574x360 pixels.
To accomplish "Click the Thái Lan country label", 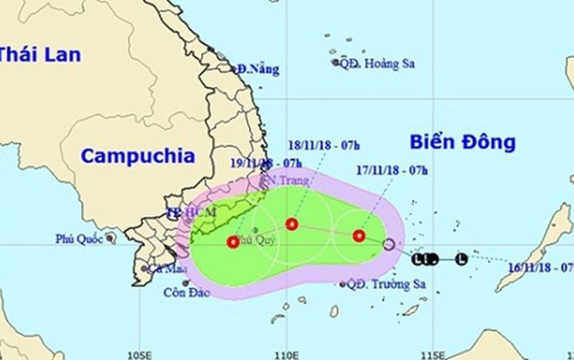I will [x=40, y=54].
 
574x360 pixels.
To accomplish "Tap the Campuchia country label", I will [x=137, y=157].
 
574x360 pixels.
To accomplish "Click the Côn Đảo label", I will [x=186, y=293].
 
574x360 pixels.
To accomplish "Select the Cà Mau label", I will [x=162, y=269].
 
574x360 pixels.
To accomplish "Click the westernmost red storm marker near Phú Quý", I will [x=233, y=242].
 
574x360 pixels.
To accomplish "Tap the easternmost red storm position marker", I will [x=359, y=235].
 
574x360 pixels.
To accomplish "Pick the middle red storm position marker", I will [x=292, y=224].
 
